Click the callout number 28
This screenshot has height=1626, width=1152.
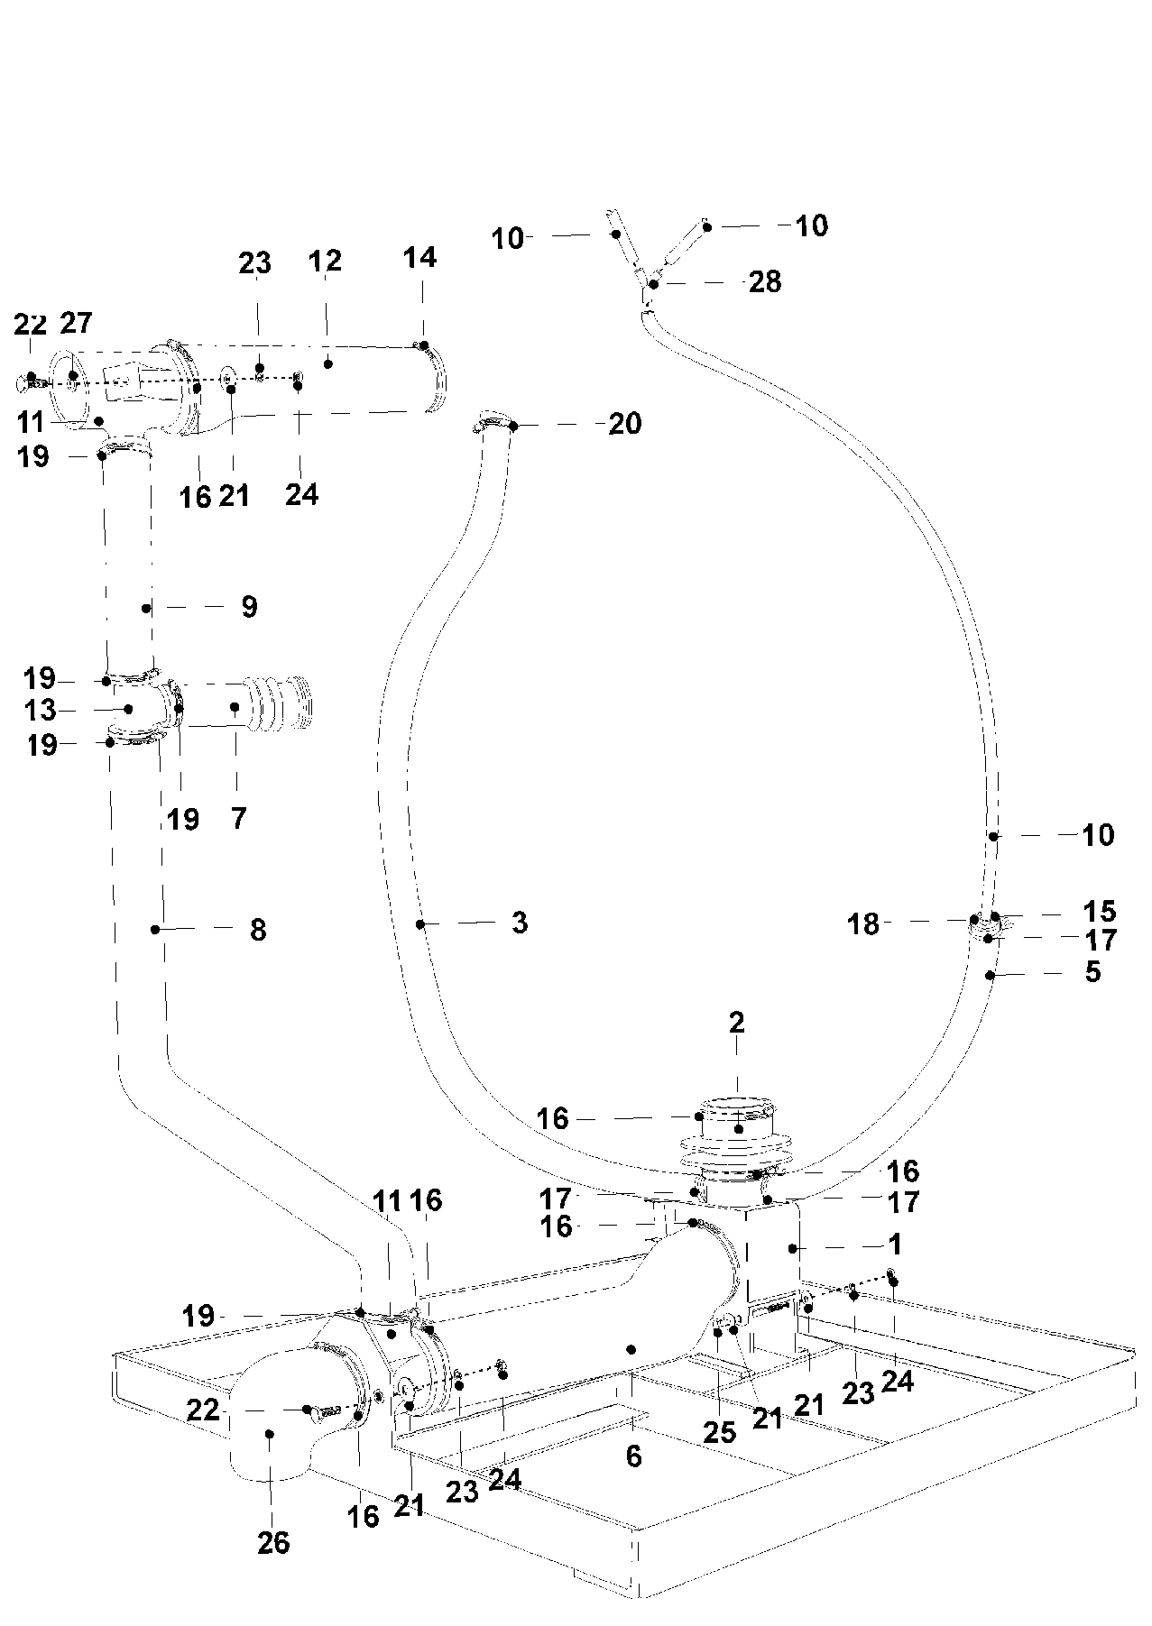point(765,282)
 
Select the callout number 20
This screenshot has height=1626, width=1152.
point(624,424)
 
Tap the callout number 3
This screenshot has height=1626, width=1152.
point(519,923)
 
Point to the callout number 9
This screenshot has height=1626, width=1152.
point(250,607)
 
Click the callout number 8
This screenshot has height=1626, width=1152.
point(258,930)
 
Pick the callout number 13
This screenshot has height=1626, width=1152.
point(41,711)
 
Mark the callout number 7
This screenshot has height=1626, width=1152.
point(238,818)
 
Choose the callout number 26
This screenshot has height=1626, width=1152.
point(273,1543)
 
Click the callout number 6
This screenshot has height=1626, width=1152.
point(633,1456)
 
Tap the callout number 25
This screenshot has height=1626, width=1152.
point(719,1432)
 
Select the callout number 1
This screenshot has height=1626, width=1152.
point(894,1245)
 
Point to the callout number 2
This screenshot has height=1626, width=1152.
point(737,1023)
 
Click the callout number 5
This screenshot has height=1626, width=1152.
point(1092,972)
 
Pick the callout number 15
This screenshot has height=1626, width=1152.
point(1100,911)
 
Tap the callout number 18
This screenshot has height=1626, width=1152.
point(862,924)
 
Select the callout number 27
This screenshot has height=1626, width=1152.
point(77,323)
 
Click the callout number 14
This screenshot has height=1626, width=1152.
point(419,258)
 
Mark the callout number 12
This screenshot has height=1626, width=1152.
point(325,262)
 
